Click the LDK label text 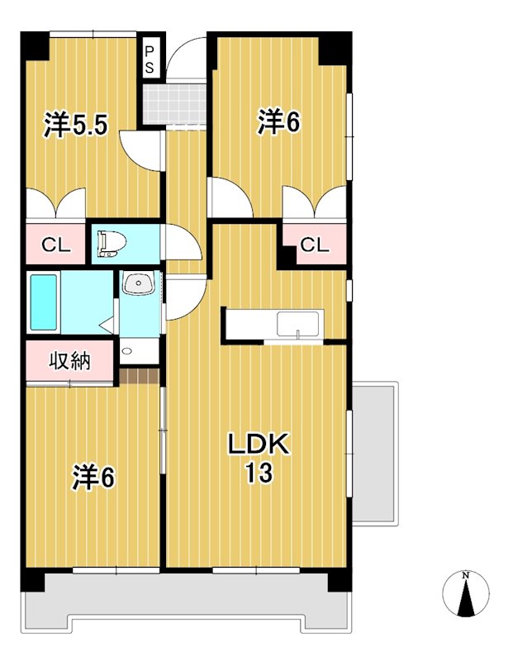[258, 445]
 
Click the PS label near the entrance [150, 59]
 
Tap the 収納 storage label [69, 361]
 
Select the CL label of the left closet [55, 245]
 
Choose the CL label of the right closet [314, 245]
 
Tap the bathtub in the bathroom [43, 302]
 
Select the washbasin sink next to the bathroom [138, 285]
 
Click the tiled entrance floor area [173, 101]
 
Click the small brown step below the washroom [139, 377]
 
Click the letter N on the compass [467, 575]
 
